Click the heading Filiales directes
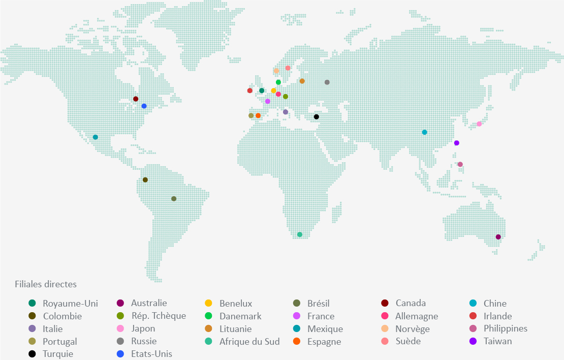pos(46,284)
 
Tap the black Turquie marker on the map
pos(316,117)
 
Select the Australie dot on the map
pos(498,237)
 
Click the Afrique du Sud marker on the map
pos(300,234)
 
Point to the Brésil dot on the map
pos(174,199)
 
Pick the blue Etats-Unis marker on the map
pos(144,106)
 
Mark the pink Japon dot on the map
pos(479,124)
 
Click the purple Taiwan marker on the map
pos(456,143)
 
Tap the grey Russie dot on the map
pos(327,82)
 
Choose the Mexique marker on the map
pos(95,137)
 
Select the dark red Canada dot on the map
pos(136,99)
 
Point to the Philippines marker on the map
pos(460,164)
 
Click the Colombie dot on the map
pos(145,180)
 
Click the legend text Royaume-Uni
pos(70,304)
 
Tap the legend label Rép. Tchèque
pos(158,316)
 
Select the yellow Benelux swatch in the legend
pos(208,304)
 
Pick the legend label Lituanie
pos(235,328)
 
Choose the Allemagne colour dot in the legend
pos(385,316)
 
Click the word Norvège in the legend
pos(412,328)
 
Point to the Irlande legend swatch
pos(473,316)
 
